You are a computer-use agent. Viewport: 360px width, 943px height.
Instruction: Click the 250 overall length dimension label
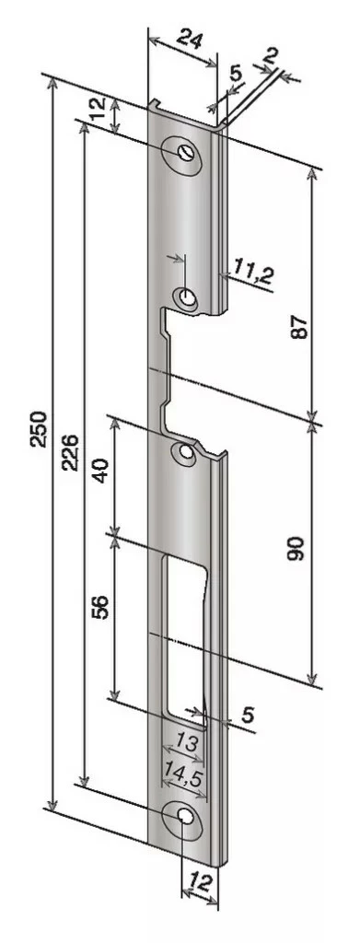point(39,429)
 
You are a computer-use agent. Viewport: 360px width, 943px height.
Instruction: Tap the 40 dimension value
point(101,471)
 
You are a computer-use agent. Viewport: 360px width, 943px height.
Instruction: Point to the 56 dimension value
point(101,607)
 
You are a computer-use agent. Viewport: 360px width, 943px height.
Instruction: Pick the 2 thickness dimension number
point(271,57)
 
